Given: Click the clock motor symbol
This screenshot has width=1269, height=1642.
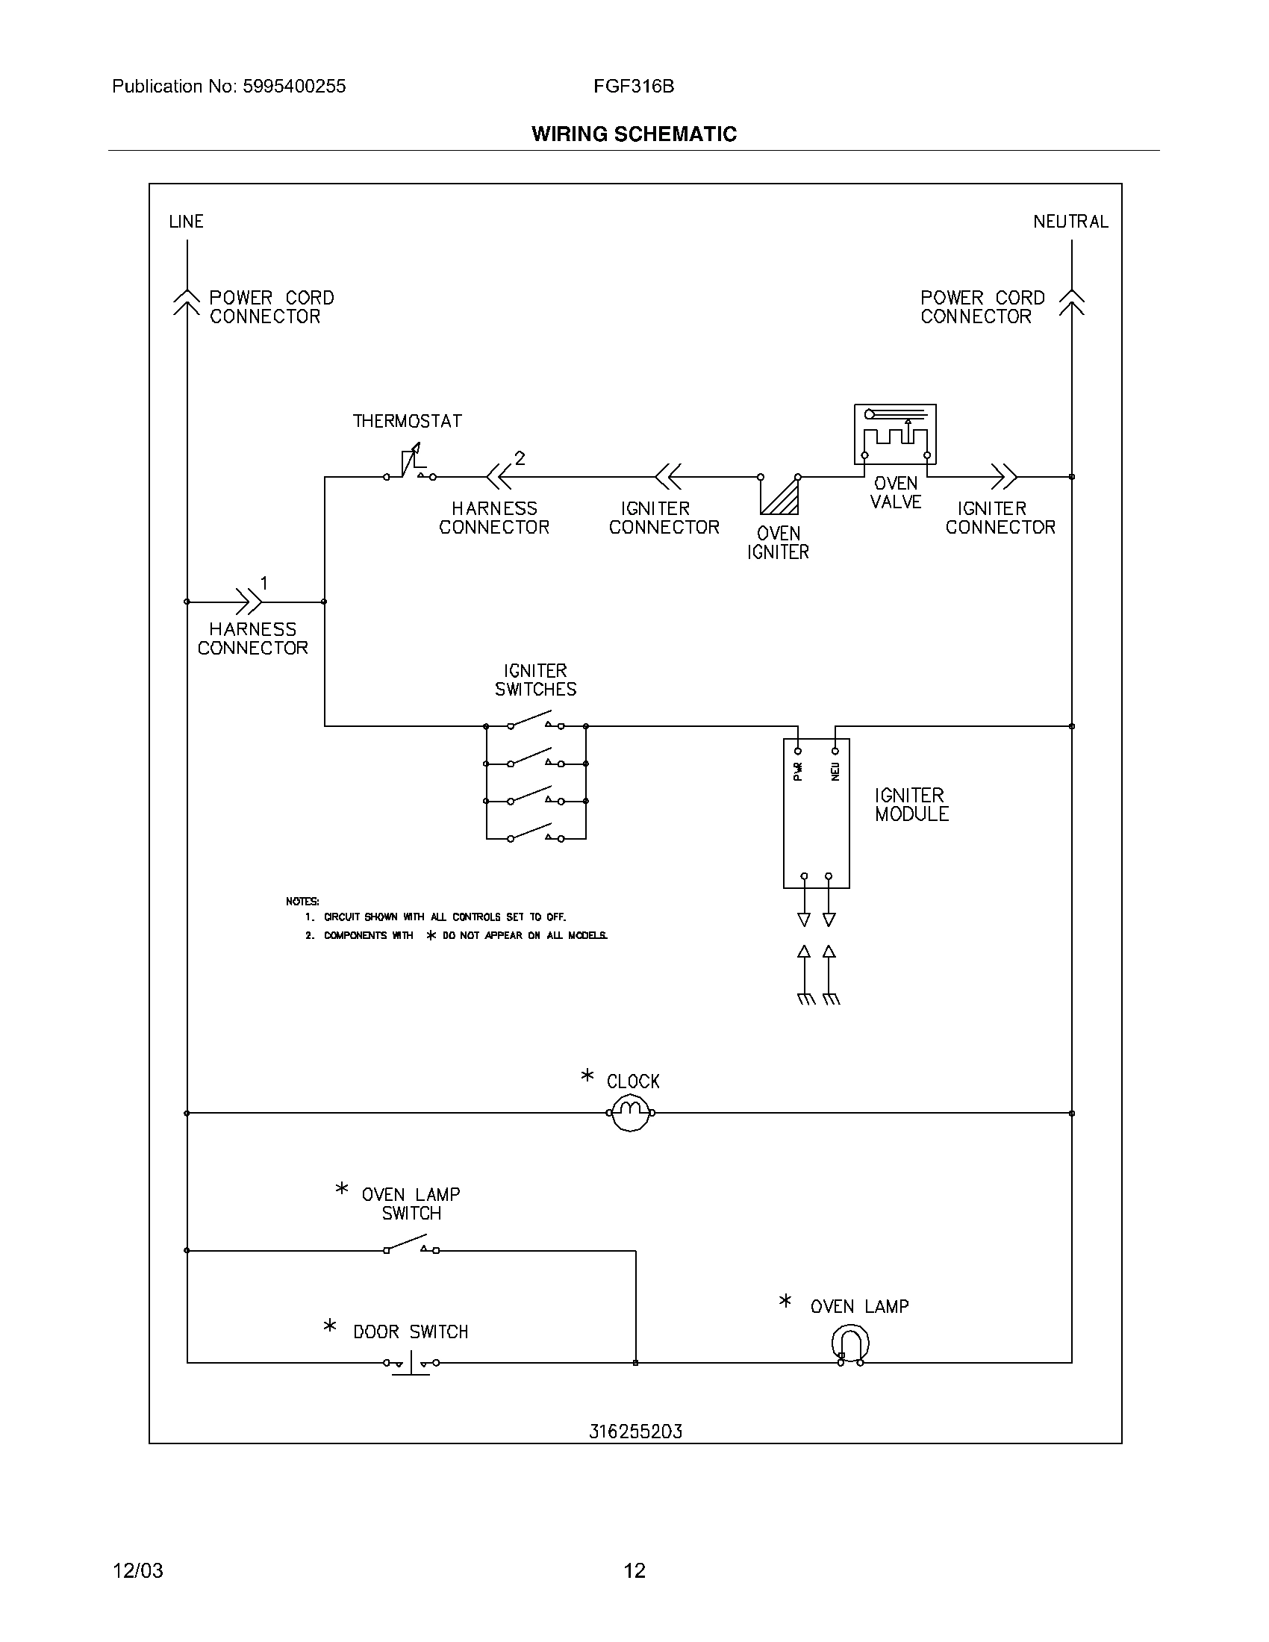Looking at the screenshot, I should [x=631, y=1113].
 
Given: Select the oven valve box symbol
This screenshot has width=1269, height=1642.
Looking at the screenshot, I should [x=894, y=434].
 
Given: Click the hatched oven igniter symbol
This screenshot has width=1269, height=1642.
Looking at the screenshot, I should [x=779, y=494].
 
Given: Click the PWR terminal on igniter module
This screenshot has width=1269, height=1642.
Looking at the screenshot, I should [x=799, y=750].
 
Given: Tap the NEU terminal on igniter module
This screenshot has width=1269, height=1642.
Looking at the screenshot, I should [x=835, y=750].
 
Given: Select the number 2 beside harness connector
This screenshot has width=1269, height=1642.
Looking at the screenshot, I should [x=520, y=458].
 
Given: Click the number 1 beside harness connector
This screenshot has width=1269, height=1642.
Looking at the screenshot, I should [x=264, y=583].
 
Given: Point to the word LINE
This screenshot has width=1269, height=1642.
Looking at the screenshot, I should [x=187, y=222].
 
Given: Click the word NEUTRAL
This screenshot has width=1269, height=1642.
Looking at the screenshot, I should [x=1070, y=222].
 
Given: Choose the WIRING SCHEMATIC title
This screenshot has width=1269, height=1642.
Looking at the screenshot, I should [x=634, y=134].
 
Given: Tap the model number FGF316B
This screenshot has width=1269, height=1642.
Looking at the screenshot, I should [x=634, y=87].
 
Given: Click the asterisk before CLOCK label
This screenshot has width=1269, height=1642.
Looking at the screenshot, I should [x=587, y=1076].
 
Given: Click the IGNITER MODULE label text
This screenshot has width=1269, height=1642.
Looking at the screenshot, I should [x=911, y=805].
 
